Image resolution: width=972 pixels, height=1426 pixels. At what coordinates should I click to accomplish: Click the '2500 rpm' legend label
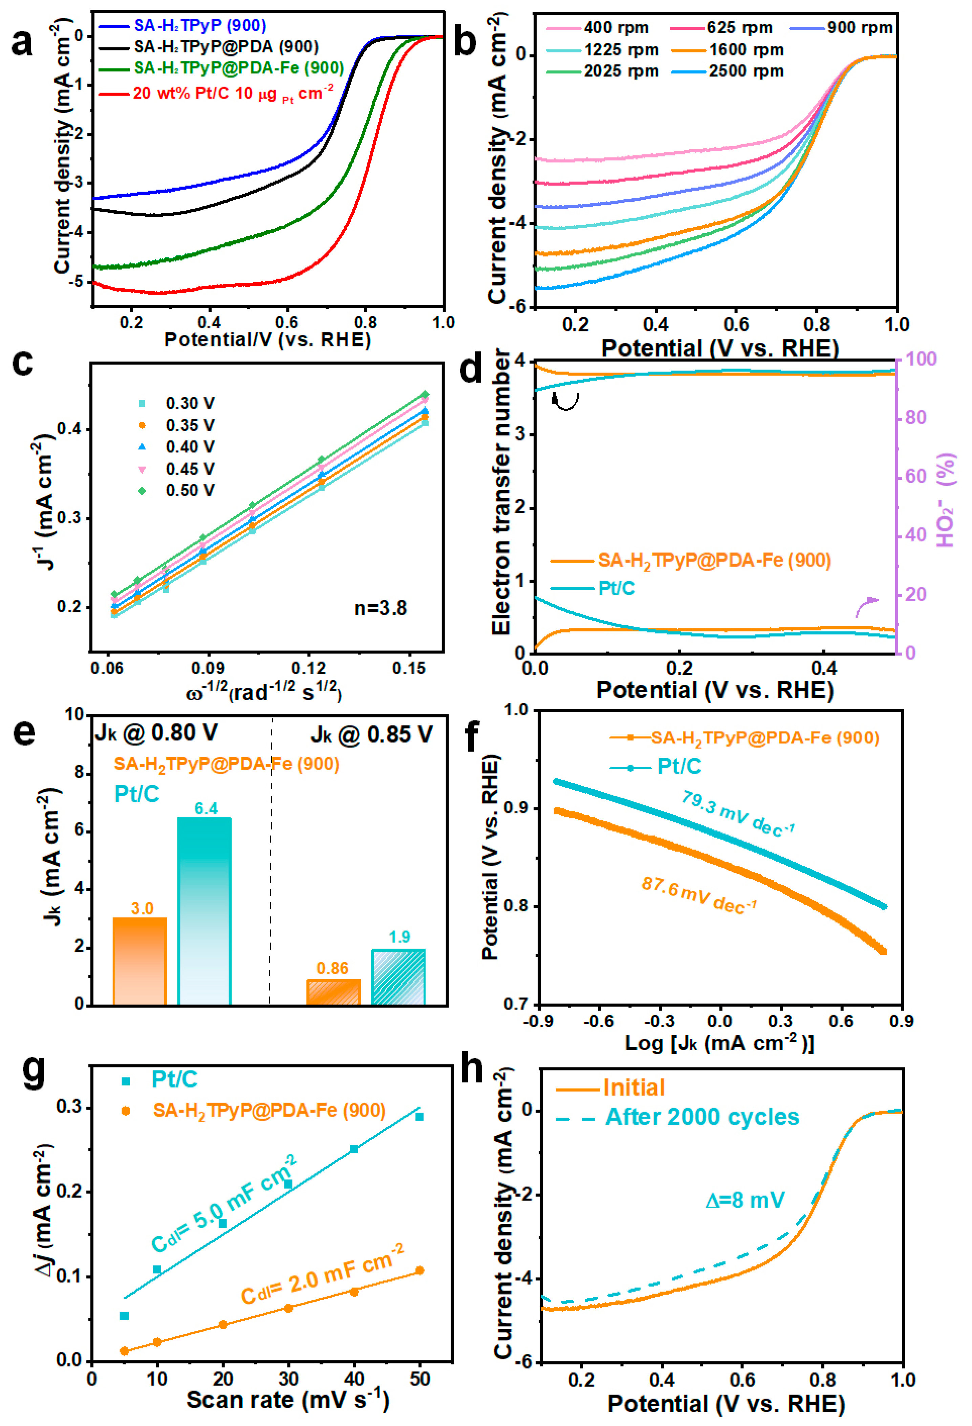coord(746,71)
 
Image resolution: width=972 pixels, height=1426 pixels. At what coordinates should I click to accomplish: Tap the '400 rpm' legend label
coord(615,28)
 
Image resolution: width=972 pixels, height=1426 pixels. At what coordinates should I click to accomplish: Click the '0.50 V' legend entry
coord(190,490)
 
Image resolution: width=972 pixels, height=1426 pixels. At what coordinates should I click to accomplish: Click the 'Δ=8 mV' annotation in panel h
coord(745,1200)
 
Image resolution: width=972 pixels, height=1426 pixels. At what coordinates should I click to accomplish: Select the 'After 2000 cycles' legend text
coord(702,1117)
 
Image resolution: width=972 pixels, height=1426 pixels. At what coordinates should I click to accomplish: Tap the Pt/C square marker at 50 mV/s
coord(420,1117)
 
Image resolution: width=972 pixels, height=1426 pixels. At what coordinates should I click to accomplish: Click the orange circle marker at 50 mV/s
coord(420,1270)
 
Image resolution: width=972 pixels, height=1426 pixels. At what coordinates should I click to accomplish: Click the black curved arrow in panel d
coord(565,401)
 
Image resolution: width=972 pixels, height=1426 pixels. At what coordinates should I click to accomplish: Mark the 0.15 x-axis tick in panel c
coord(409,668)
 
